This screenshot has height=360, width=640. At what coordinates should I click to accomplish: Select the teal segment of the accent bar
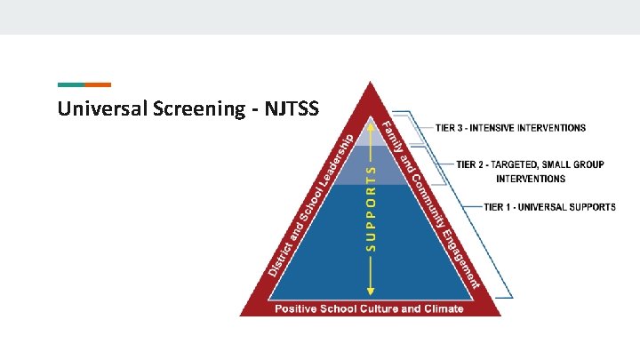71,85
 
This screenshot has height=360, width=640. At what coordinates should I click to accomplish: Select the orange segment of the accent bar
98,85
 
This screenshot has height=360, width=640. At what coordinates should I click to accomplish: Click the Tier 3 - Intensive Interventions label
510,127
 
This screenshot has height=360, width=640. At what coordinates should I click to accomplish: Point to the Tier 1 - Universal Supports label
549,207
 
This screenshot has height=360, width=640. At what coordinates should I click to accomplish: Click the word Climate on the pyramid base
441,308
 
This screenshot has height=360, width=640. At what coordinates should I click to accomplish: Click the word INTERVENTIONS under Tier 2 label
532,179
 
